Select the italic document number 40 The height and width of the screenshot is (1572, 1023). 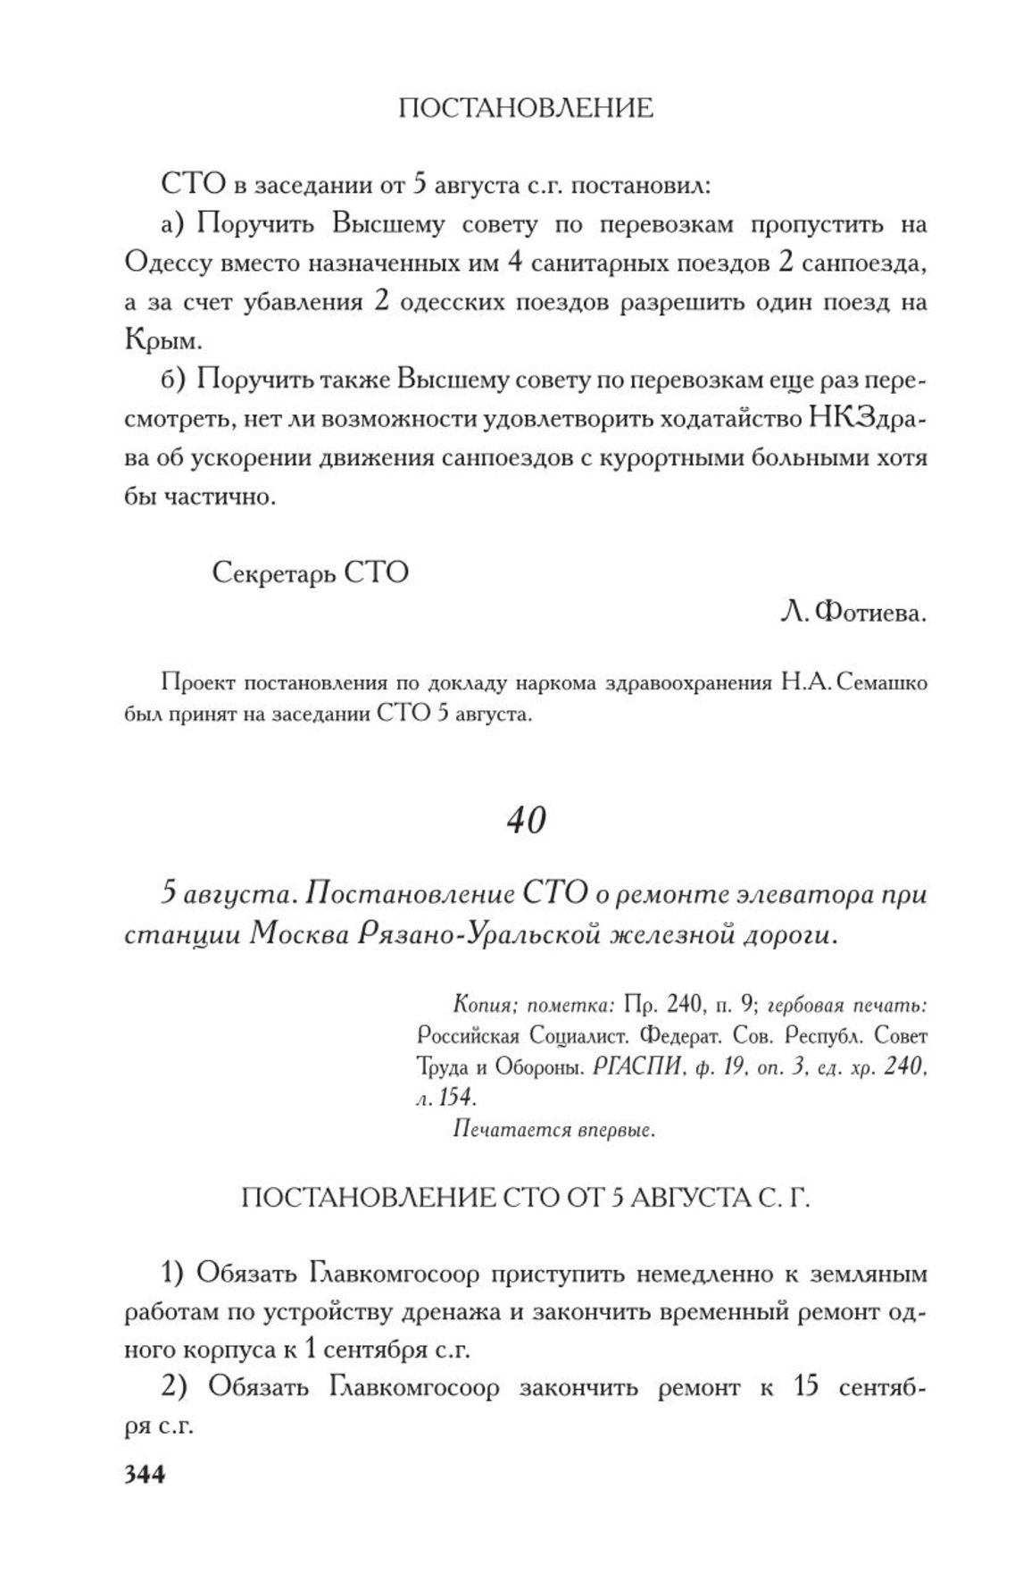click(x=526, y=819)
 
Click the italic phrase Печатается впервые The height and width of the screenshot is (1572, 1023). click(x=555, y=1130)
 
